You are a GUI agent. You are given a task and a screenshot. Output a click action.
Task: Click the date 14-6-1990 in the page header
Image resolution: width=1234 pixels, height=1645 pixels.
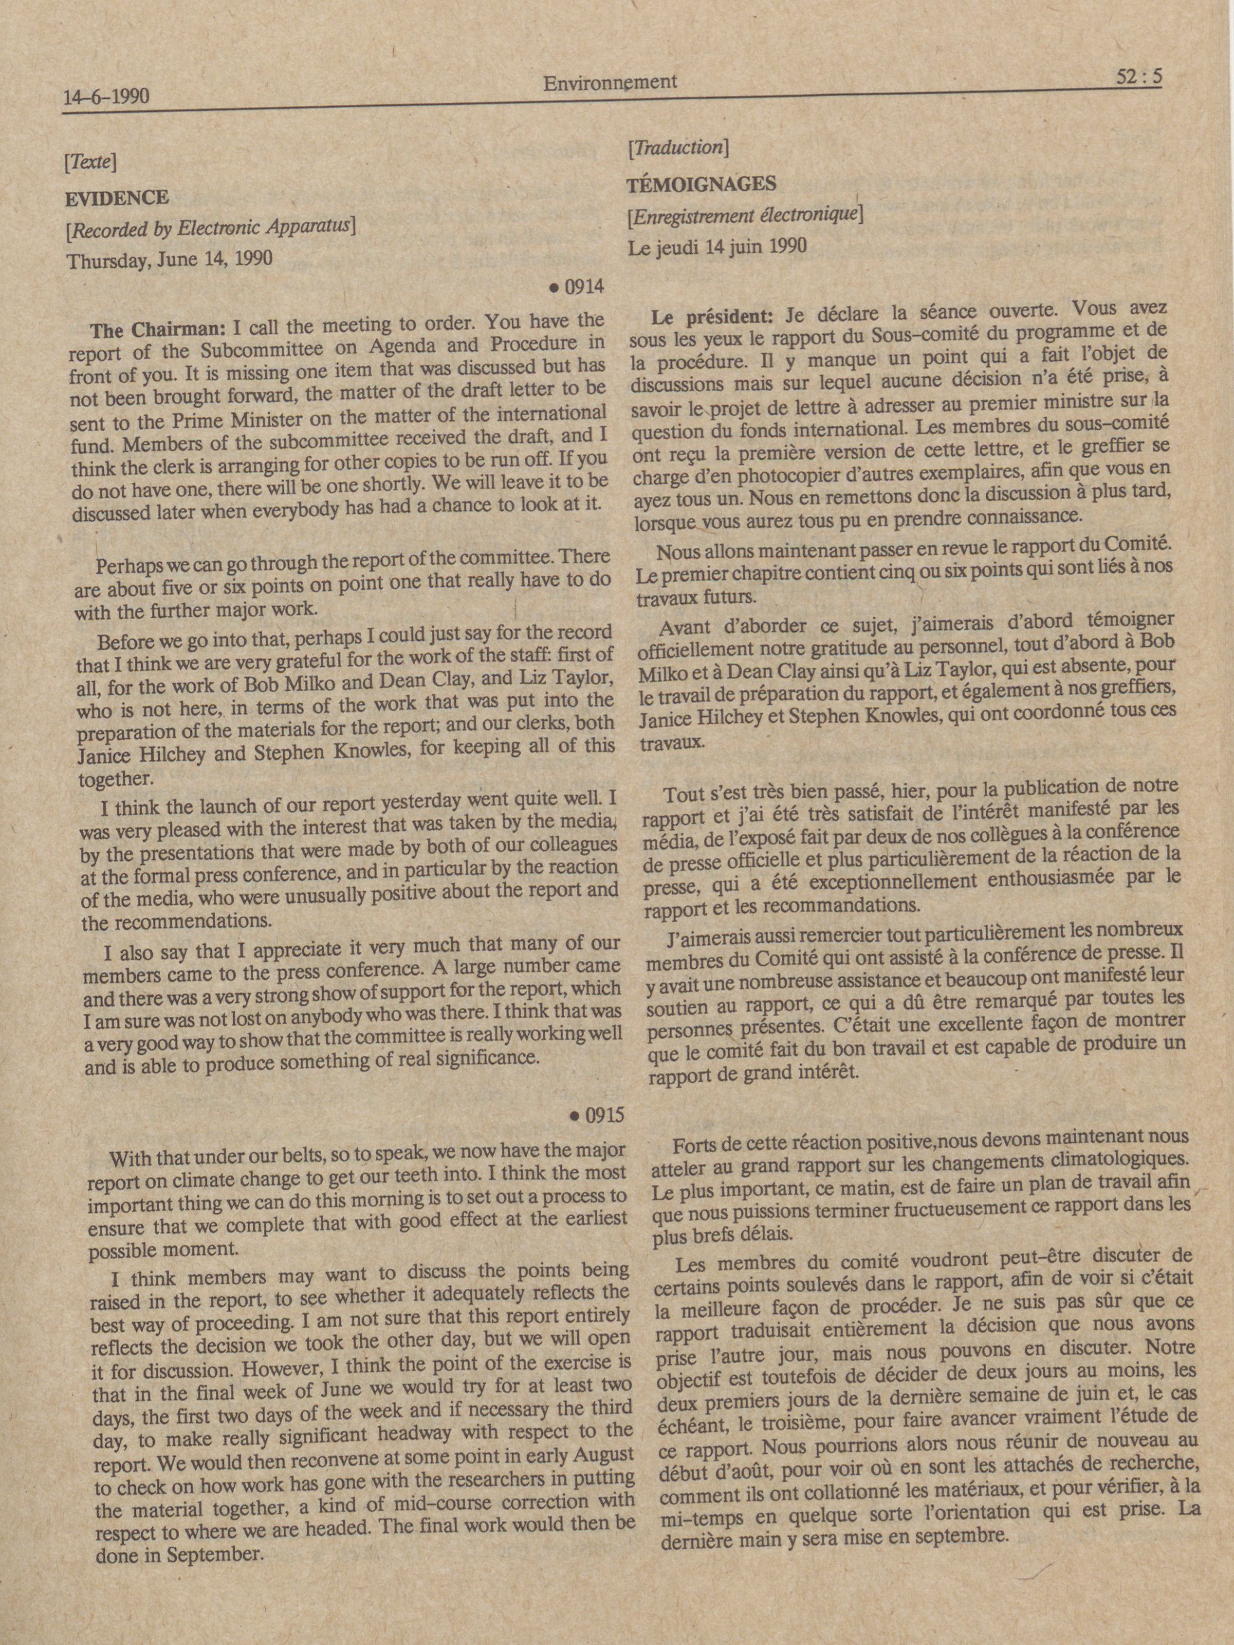coord(107,97)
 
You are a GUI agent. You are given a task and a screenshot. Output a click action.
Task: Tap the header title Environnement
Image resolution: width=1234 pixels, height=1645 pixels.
coord(610,82)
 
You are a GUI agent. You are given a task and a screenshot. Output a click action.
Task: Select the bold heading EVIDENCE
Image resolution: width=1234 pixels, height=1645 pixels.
coord(117,198)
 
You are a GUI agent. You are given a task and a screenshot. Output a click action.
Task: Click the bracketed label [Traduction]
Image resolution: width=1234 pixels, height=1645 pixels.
coord(676,147)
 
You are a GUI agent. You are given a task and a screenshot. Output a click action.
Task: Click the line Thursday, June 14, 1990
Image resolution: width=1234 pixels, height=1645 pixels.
coord(170,260)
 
